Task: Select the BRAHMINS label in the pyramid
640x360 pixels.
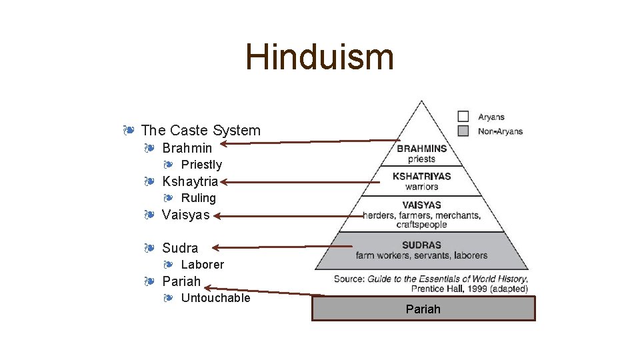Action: [421, 149]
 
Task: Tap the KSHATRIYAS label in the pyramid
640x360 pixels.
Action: [421, 176]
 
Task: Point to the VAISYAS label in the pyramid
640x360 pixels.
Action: [421, 205]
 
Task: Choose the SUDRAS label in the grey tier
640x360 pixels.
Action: [421, 245]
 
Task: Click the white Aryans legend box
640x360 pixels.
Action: [464, 117]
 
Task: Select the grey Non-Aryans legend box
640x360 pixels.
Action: [464, 131]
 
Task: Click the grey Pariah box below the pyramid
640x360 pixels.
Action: [423, 309]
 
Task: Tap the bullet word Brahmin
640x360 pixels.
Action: [187, 148]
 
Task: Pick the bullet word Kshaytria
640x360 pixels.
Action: [190, 181]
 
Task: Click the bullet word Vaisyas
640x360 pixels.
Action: [185, 215]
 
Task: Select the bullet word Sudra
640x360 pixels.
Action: [180, 248]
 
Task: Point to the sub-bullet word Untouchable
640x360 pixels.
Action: [215, 298]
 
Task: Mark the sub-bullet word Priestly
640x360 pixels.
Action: [201, 165]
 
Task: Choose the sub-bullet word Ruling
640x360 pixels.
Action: [199, 198]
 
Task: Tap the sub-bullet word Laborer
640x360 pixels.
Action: [203, 265]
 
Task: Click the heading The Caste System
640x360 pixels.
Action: [201, 130]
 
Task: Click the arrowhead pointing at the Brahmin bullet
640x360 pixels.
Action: [224, 143]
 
